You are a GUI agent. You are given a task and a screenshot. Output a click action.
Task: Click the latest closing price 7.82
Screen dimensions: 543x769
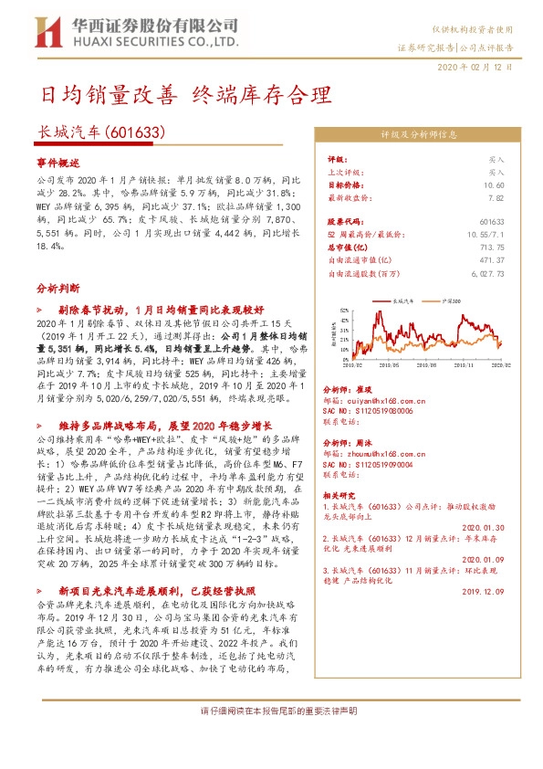point(495,196)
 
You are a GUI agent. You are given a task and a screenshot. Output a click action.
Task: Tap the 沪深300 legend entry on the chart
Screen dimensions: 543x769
point(453,299)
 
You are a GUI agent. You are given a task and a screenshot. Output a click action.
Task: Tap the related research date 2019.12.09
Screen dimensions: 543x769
point(483,591)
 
